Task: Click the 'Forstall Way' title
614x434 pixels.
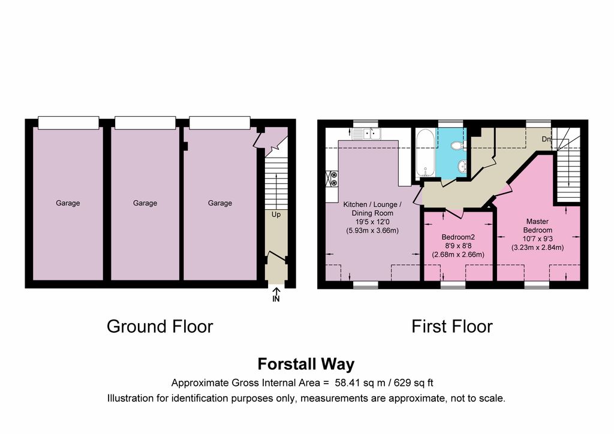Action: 306,364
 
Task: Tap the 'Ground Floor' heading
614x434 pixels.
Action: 159,326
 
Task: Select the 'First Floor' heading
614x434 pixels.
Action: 452,326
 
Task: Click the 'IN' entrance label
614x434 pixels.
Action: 276,299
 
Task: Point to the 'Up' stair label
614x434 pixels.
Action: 276,215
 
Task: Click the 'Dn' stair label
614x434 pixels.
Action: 547,139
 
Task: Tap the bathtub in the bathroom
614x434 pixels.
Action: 425,153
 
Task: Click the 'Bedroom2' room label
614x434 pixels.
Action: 458,237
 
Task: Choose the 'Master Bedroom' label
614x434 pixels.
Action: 538,226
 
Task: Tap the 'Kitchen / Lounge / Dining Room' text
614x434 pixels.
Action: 372,209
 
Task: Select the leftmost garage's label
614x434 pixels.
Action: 68,203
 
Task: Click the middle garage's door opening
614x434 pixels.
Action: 145,122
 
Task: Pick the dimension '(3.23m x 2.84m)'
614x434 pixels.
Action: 538,248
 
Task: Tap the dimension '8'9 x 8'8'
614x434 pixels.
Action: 458,246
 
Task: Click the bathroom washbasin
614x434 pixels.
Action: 462,166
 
